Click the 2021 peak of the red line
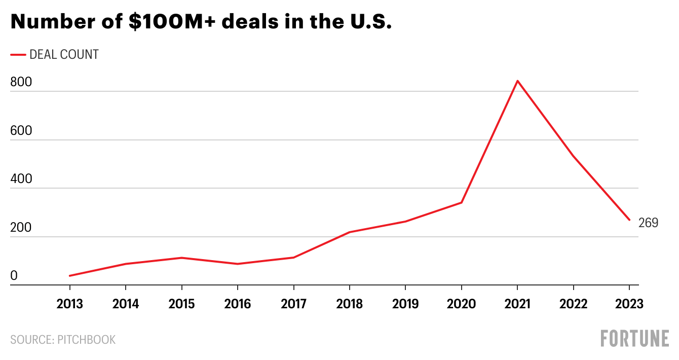click(517, 81)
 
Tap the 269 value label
click(648, 223)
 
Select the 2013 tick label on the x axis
click(69, 304)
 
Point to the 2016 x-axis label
click(237, 304)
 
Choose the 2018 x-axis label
click(349, 304)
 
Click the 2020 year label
click(461, 304)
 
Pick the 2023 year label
click(629, 304)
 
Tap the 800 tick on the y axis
click(21, 82)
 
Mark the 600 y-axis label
click(21, 131)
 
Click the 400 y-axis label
click(21, 179)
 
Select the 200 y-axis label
click(21, 228)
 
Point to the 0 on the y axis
click(14, 276)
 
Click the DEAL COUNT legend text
click(64, 55)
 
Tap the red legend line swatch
click(18, 55)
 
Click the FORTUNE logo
click(634, 339)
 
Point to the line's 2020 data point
click(461, 203)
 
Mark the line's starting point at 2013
click(69, 276)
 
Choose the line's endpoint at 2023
click(629, 220)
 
